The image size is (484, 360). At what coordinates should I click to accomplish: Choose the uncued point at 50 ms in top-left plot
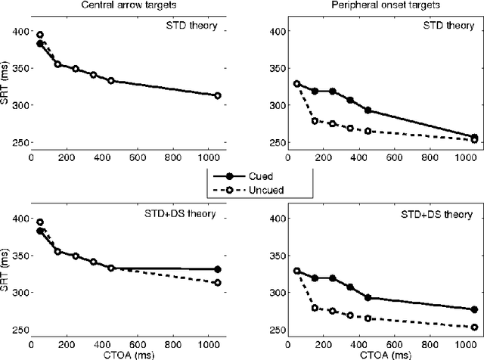pos(40,35)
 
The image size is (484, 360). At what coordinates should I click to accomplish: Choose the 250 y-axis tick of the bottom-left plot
pos(20,329)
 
